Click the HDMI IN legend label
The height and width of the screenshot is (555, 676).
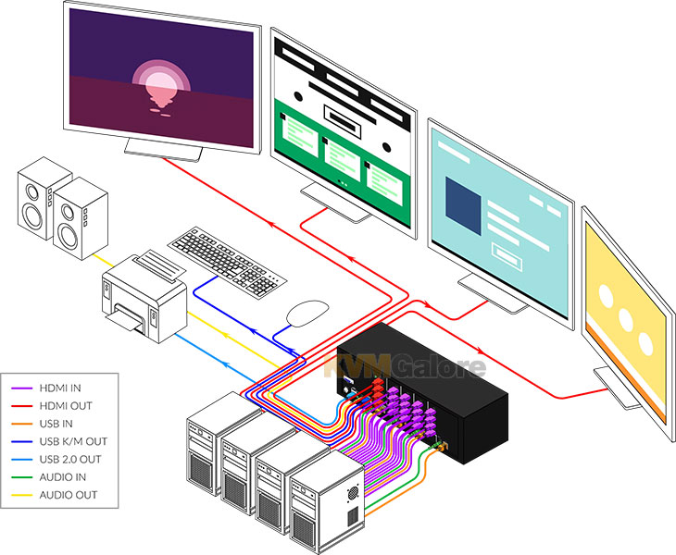(x=60, y=388)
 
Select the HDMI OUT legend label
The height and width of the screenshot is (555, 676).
(x=66, y=406)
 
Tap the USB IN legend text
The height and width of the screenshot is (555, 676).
(x=56, y=424)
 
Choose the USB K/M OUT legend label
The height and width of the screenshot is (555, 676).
(x=73, y=441)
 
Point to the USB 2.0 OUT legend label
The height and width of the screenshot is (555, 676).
(x=70, y=460)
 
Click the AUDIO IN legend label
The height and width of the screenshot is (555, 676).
(x=63, y=477)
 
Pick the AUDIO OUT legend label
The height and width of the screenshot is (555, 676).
(x=69, y=495)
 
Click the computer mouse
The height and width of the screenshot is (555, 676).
(x=307, y=313)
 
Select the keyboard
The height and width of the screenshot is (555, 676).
(x=227, y=262)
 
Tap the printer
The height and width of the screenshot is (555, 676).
(x=144, y=296)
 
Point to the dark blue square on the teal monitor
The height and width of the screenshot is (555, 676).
(x=463, y=206)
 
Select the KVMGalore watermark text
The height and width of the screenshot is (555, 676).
(x=405, y=366)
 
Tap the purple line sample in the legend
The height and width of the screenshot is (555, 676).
(x=21, y=388)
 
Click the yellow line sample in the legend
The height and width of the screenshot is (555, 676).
(x=21, y=495)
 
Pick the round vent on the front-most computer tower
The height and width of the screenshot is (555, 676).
(x=353, y=493)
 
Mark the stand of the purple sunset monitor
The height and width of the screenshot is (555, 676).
(x=163, y=150)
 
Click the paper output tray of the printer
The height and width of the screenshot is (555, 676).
(x=125, y=319)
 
